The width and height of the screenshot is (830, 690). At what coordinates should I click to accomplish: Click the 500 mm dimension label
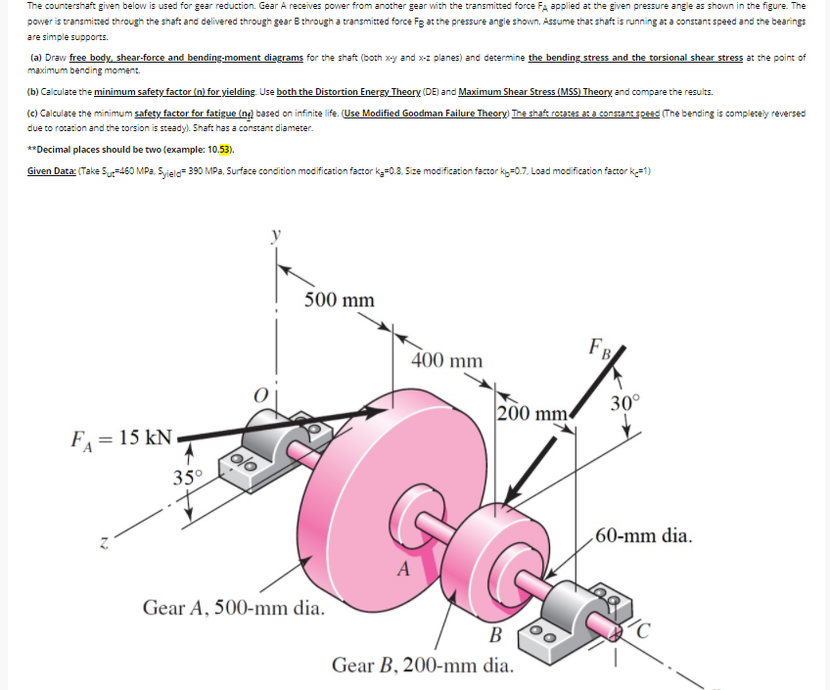339,299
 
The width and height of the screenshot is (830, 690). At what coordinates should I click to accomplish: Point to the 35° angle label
188,478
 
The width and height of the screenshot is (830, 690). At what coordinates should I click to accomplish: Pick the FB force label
599,347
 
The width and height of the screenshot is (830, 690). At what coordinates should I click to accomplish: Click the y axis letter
276,235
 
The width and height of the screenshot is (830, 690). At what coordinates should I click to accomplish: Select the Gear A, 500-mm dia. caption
233,608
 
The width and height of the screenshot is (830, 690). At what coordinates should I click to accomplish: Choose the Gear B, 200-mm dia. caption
422,667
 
